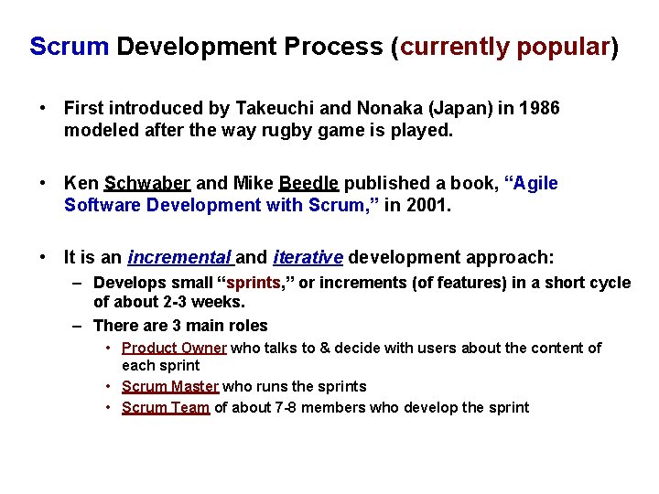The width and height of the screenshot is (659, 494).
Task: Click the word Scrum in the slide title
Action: [x=69, y=47]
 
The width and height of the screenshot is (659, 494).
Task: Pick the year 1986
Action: [x=539, y=109]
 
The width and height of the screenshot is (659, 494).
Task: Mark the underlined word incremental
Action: [x=180, y=258]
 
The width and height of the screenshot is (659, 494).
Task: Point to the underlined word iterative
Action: [x=308, y=258]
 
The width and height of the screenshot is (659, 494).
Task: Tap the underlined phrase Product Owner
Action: [x=175, y=348]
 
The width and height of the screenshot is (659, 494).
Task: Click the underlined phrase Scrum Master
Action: [x=170, y=386]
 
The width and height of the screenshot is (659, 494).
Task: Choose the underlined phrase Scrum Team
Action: [x=166, y=407]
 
